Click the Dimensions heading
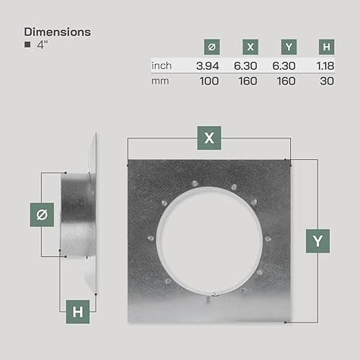pos(58,32)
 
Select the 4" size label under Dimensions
pos(42,45)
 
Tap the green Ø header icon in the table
pos(212,47)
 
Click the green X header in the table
pos(251,47)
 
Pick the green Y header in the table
pos(289,47)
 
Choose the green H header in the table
pos(326,47)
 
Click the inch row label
pos(161,66)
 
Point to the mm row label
pos(160,81)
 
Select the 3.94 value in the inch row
pos(207,66)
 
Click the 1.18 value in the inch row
pos(325,66)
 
